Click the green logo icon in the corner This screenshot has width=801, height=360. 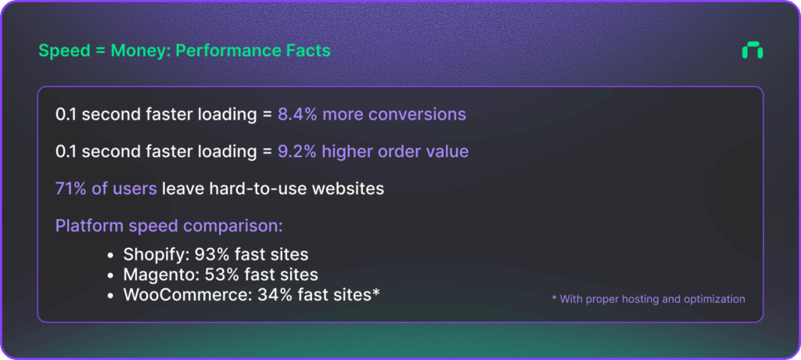click(753, 51)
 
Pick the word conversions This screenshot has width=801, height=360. click(418, 114)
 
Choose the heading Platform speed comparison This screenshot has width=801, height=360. click(169, 226)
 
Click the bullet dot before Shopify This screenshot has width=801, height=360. click(111, 255)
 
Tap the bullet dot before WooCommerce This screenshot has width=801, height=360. click(111, 296)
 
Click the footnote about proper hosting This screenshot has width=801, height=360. click(648, 299)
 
